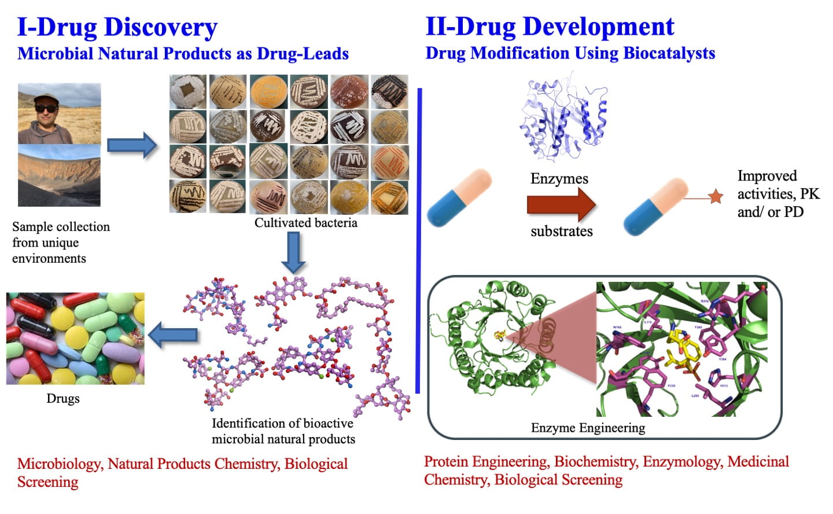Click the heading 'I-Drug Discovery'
(117, 27)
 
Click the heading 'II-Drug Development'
(550, 27)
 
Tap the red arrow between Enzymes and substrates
(561, 204)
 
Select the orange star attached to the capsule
(716, 197)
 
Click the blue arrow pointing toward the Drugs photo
(173, 335)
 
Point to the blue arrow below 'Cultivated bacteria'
(293, 252)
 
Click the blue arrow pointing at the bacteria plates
(132, 145)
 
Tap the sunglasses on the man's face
(46, 108)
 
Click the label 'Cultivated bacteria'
(305, 223)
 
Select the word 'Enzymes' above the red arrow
(559, 179)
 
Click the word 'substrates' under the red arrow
(561, 232)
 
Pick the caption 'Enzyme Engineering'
(588, 428)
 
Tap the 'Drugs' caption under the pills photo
(63, 398)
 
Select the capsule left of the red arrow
(459, 198)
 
